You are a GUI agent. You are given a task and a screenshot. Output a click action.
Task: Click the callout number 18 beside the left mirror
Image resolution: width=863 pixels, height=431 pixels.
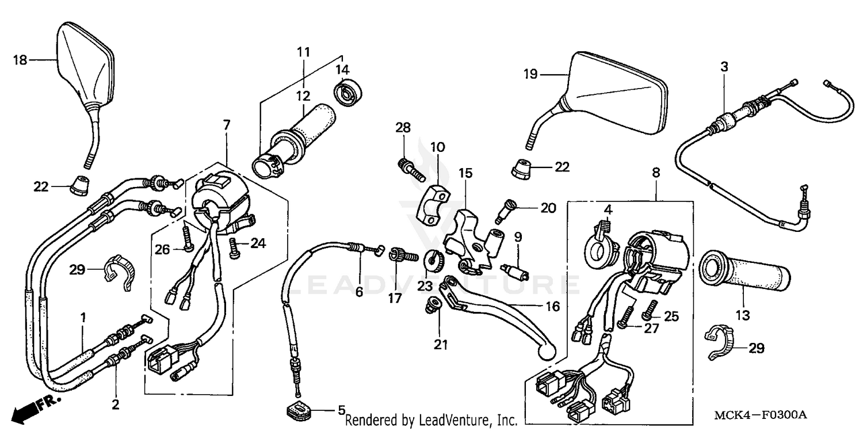click(20, 59)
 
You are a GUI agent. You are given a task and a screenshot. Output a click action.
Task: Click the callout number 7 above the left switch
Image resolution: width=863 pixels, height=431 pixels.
click(226, 124)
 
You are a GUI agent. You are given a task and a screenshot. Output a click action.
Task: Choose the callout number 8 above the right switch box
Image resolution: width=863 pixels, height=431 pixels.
click(656, 172)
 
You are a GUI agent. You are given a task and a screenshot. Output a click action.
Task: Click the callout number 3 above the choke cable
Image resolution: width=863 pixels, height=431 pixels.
click(724, 67)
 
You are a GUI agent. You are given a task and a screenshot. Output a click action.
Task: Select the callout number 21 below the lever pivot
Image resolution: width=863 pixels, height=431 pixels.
click(441, 344)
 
